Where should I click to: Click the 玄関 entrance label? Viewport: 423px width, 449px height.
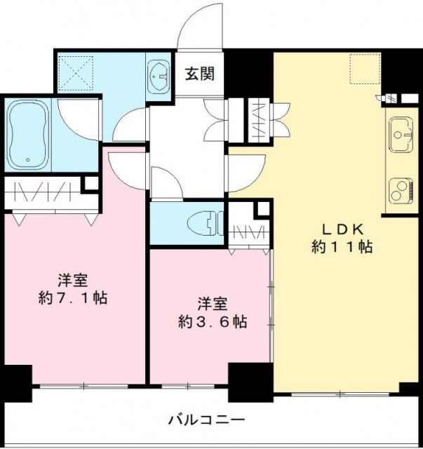pyautogui.click(x=200, y=72)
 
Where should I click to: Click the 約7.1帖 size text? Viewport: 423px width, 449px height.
pyautogui.click(x=72, y=297)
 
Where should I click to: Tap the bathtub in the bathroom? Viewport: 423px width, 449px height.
pyautogui.click(x=28, y=135)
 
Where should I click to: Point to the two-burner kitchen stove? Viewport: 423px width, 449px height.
pyautogui.click(x=402, y=189)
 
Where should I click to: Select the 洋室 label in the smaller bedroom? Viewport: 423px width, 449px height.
pyautogui.click(x=211, y=304)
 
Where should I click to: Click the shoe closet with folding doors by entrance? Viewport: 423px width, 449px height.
pyautogui.click(x=257, y=121)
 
